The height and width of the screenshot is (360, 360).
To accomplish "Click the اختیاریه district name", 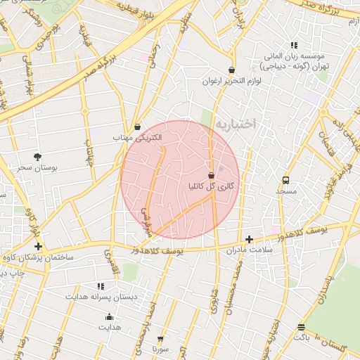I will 236,124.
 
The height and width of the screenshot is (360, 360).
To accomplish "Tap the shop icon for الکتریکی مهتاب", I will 137,127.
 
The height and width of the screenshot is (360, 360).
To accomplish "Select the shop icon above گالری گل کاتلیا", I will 211,174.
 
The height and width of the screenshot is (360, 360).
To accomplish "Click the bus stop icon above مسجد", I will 285,180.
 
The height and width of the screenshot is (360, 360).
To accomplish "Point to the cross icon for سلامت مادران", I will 249,240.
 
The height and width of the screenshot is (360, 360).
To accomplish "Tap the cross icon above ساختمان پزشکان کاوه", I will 38,247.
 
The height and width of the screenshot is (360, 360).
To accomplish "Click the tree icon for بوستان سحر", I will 37,157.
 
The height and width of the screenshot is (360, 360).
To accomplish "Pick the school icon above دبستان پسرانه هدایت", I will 100,286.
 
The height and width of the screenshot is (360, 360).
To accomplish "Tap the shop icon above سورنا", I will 160,339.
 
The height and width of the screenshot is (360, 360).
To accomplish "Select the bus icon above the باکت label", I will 301,327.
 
